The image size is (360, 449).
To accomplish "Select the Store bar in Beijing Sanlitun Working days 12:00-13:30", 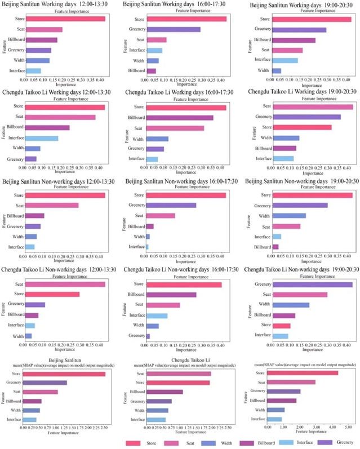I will pos(65,19).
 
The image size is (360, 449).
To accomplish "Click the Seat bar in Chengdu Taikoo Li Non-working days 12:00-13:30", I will pos(65,284).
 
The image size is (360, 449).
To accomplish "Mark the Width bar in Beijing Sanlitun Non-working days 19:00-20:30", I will pos(289,216).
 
